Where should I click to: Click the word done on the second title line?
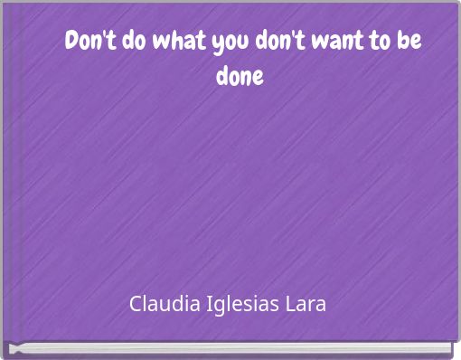(240, 76)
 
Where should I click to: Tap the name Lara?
(308, 302)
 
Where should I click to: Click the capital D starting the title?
(72, 43)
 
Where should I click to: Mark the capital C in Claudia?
(136, 302)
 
